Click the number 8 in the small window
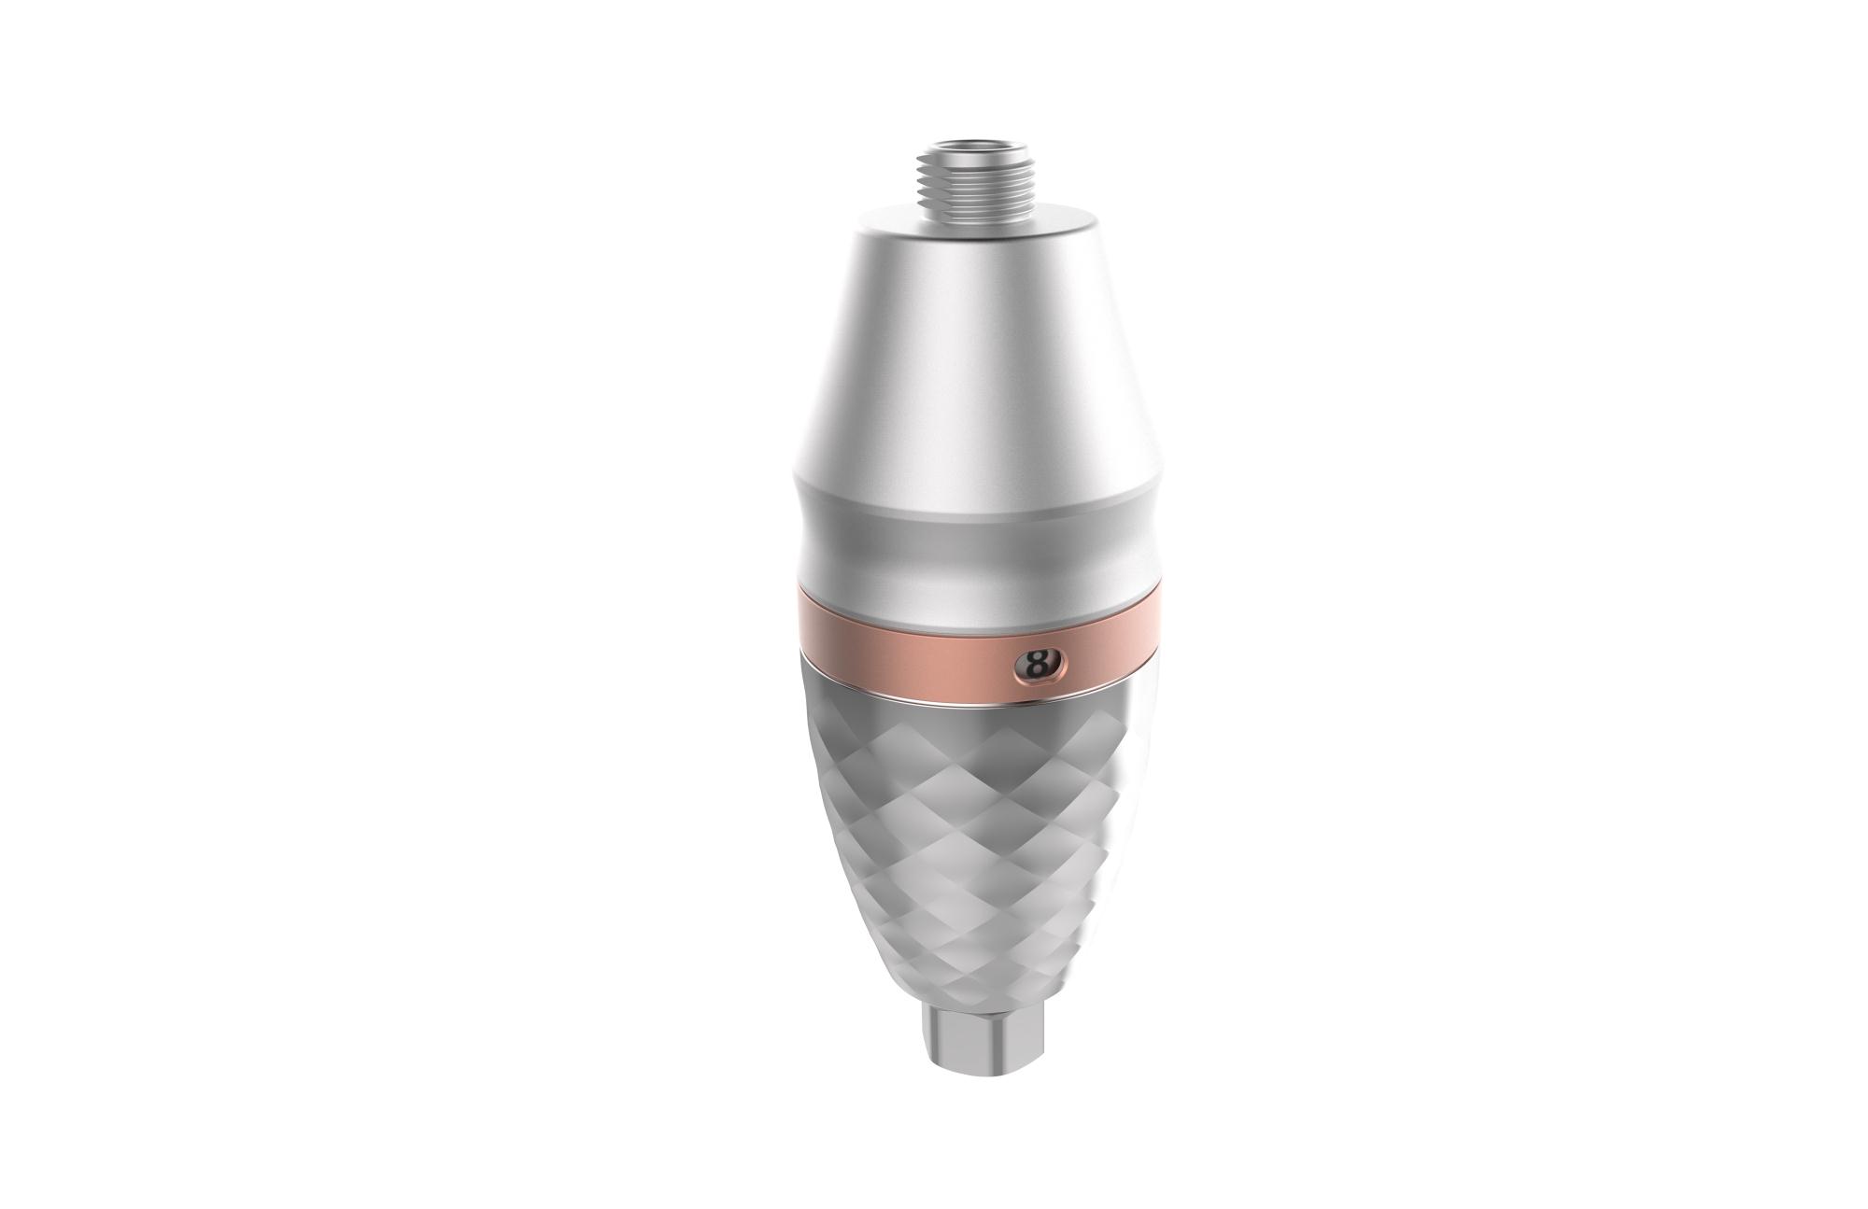point(1035,665)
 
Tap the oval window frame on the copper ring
point(1058,664)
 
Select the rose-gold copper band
point(897,645)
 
